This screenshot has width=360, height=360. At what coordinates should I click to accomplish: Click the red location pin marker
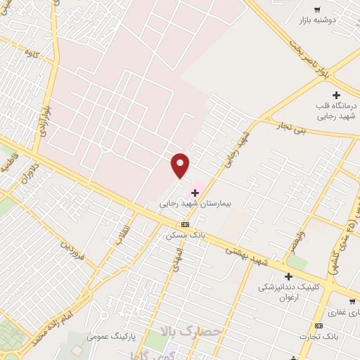click(181, 165)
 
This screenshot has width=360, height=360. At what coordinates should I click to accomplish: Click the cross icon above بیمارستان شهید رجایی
click(195, 192)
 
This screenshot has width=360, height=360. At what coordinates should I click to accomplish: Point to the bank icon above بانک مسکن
click(185, 224)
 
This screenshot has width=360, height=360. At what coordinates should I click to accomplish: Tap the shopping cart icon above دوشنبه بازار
click(318, 9)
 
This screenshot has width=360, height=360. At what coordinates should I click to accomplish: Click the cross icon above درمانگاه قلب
click(336, 95)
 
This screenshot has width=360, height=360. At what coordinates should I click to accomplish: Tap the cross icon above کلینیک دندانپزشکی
click(288, 277)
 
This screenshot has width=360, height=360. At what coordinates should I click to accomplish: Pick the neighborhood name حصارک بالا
click(190, 330)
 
